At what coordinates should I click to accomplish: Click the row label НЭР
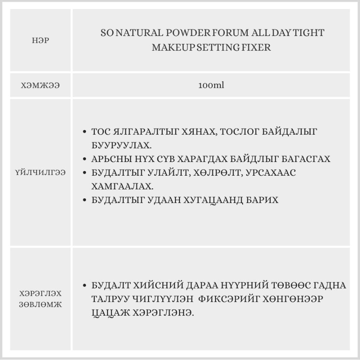click(x=40, y=40)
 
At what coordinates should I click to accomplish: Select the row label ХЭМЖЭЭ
click(x=40, y=86)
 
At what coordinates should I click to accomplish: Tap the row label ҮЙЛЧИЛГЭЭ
click(x=40, y=172)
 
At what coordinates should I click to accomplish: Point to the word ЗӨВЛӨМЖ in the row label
click(x=41, y=305)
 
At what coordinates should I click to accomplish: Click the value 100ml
click(x=211, y=86)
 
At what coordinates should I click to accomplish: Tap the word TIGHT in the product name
click(x=309, y=33)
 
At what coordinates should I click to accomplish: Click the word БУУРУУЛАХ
click(x=122, y=145)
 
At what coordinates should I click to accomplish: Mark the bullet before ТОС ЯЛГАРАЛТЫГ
click(x=84, y=132)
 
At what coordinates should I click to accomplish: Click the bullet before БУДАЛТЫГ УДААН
click(x=84, y=200)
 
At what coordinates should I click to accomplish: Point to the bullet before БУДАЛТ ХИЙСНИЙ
click(x=84, y=286)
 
